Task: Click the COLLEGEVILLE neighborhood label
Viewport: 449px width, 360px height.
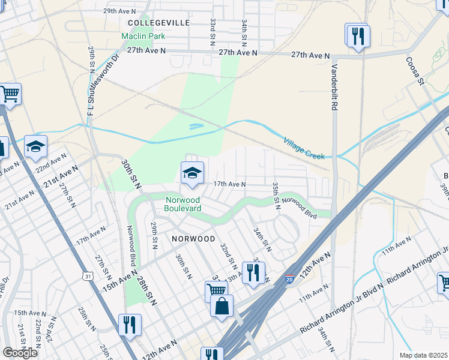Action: tap(158, 22)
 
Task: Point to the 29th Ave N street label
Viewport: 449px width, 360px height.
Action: tap(121, 11)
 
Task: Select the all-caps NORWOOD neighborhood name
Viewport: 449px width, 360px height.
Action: tap(193, 238)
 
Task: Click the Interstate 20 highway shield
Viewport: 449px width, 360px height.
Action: tap(289, 279)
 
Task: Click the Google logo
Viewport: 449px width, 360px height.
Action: tap(20, 352)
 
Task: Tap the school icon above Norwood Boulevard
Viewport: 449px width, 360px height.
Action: tap(192, 173)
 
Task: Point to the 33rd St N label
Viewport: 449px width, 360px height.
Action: tap(212, 32)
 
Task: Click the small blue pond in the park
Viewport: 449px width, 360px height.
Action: tap(195, 127)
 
